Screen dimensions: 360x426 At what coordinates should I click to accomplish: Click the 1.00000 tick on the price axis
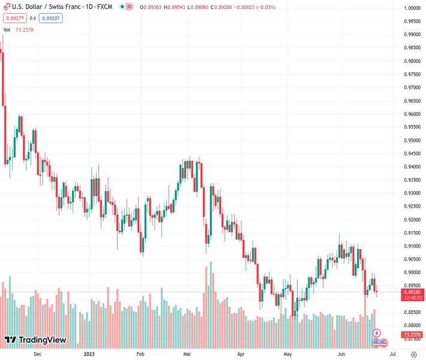(411, 8)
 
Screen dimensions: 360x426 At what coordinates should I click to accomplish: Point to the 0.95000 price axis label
(411, 140)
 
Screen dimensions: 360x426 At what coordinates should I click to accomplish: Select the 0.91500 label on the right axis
(411, 233)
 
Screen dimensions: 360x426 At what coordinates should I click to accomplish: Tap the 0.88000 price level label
(411, 325)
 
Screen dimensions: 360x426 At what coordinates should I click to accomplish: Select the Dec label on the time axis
(38, 354)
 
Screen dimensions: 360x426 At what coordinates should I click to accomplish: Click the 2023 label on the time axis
(88, 354)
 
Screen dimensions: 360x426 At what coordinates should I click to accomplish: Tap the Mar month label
(187, 354)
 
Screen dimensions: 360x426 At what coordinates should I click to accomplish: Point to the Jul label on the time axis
(384, 354)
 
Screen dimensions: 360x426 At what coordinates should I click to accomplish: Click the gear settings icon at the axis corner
(413, 354)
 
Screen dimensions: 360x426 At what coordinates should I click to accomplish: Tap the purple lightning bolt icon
(377, 332)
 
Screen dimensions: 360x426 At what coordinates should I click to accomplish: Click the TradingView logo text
(42, 341)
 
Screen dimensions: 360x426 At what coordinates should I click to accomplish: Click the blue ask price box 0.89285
(51, 18)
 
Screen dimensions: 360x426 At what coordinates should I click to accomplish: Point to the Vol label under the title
(7, 29)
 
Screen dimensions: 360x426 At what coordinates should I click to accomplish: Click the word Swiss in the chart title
(56, 7)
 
